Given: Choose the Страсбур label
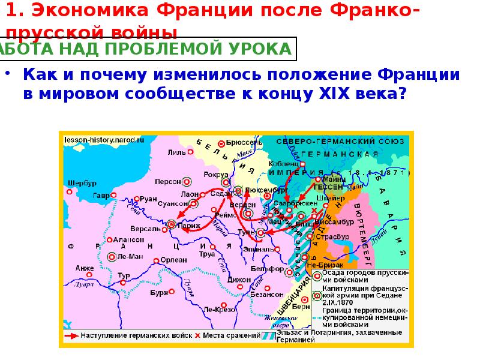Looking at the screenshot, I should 337,237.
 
